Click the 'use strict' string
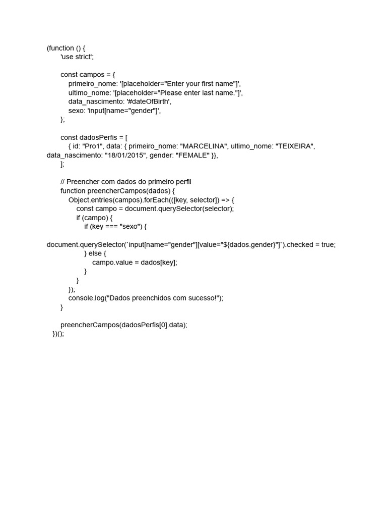(x=77, y=57)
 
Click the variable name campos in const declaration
(x=92, y=75)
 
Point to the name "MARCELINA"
(x=203, y=146)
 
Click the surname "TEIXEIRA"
(x=295, y=146)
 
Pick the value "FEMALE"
(x=192, y=156)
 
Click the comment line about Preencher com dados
(x=126, y=182)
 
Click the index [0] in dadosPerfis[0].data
(x=162, y=325)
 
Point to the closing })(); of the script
(x=58, y=334)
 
